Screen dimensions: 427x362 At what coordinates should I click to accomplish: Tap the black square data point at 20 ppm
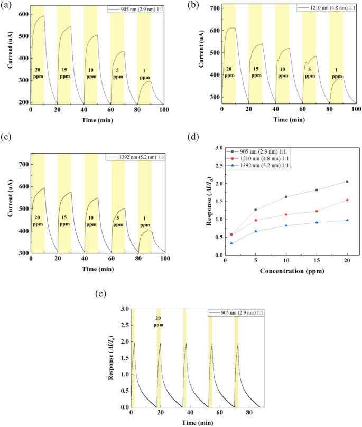click(347, 182)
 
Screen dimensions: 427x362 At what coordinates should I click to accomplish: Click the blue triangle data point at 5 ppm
click(256, 231)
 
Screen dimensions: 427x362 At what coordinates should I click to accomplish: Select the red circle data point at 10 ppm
click(286, 214)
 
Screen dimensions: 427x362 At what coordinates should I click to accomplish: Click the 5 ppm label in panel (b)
click(309, 72)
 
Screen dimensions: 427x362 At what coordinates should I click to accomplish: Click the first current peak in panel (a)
click(43, 16)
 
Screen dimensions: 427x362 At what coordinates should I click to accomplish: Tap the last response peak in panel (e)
click(237, 343)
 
